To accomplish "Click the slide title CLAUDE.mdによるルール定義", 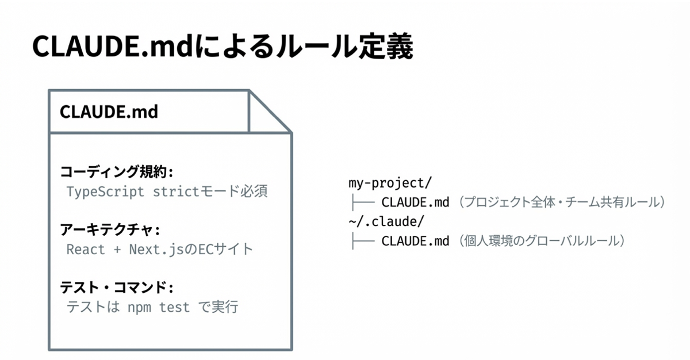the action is (223, 47).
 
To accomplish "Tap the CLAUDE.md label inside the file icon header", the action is (109, 112).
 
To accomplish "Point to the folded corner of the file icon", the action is (270, 112).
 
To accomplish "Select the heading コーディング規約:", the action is (116, 171).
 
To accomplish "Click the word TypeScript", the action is (105, 192).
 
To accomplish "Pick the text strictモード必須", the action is (210, 192).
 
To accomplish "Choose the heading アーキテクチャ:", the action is (110, 229).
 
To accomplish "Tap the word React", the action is (86, 250).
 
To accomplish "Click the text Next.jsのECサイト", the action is (191, 250).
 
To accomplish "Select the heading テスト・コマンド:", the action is (116, 288).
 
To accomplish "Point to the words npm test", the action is (159, 307).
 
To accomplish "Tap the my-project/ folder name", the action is (390, 183).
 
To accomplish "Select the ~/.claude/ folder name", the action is (386, 222).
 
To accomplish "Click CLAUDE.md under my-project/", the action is (415, 202).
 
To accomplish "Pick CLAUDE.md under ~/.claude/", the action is (415, 241).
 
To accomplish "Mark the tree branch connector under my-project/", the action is (363, 202).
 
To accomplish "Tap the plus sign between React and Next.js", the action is (117, 250).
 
